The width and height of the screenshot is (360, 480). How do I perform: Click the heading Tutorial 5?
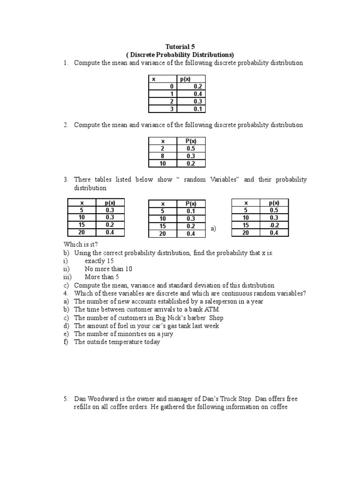[180, 46]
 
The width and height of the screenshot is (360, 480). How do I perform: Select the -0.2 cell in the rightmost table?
[274, 225]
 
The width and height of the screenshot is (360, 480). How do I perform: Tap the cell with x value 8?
[163, 156]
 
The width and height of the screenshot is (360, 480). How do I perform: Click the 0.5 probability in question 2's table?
[190, 148]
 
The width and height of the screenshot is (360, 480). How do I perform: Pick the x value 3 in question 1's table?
[172, 109]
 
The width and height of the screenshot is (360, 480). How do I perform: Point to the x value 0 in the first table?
[172, 87]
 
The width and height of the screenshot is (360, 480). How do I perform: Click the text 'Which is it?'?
[81, 245]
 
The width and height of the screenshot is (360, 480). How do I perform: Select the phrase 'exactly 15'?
[99, 261]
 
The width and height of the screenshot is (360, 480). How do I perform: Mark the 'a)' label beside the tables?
[214, 229]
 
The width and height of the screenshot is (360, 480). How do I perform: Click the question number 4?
[66, 293]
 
